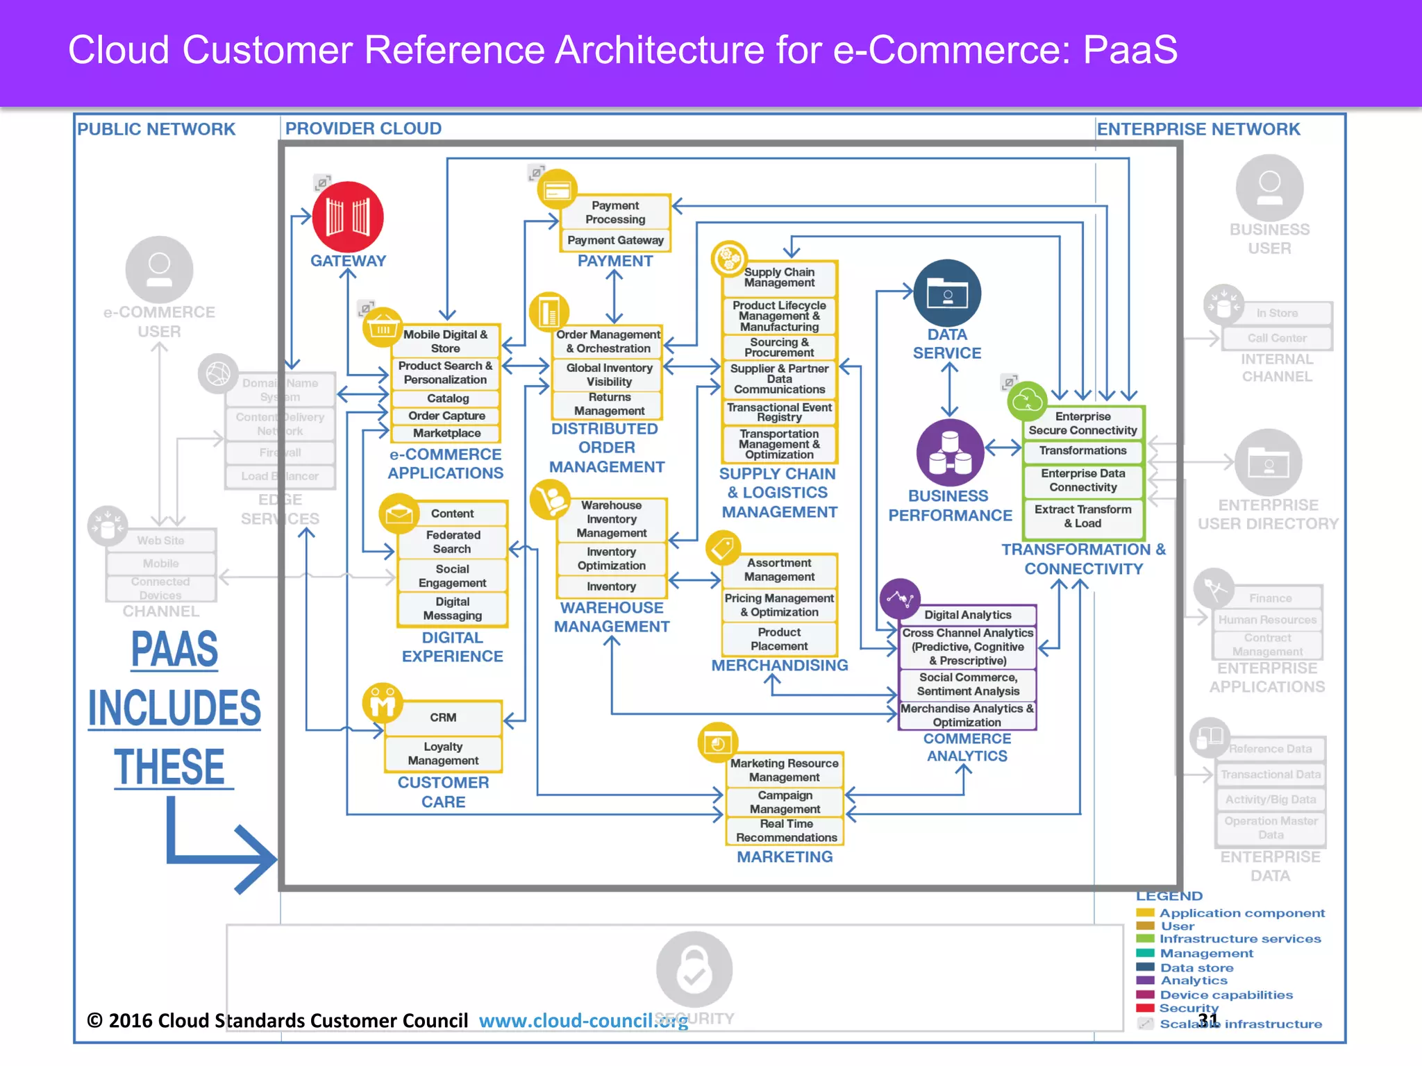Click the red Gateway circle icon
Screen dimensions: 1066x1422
click(x=348, y=217)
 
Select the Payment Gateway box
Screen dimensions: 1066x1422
click(x=615, y=240)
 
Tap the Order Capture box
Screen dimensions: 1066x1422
click(x=446, y=416)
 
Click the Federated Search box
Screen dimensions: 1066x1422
click(x=453, y=542)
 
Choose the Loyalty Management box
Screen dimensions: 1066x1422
click(x=443, y=754)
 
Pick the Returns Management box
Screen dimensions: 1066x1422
click(x=609, y=404)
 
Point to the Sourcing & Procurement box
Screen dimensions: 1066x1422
click(x=779, y=347)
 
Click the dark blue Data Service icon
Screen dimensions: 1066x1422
click(x=947, y=294)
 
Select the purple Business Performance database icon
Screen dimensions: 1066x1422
click(x=950, y=452)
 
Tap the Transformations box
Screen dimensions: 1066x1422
click(x=1082, y=450)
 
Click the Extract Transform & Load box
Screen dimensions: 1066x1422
click(x=1082, y=516)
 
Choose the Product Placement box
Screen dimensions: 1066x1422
click(x=779, y=639)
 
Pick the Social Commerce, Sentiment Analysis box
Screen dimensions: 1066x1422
click(x=968, y=684)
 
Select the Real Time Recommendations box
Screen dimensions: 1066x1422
click(x=786, y=831)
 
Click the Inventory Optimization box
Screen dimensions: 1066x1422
click(x=611, y=559)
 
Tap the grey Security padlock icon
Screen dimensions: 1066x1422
click(x=694, y=970)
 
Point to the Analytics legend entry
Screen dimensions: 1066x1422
click(x=1193, y=981)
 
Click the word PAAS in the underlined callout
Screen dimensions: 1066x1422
click(x=174, y=650)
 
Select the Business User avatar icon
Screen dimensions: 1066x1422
click(x=1269, y=188)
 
